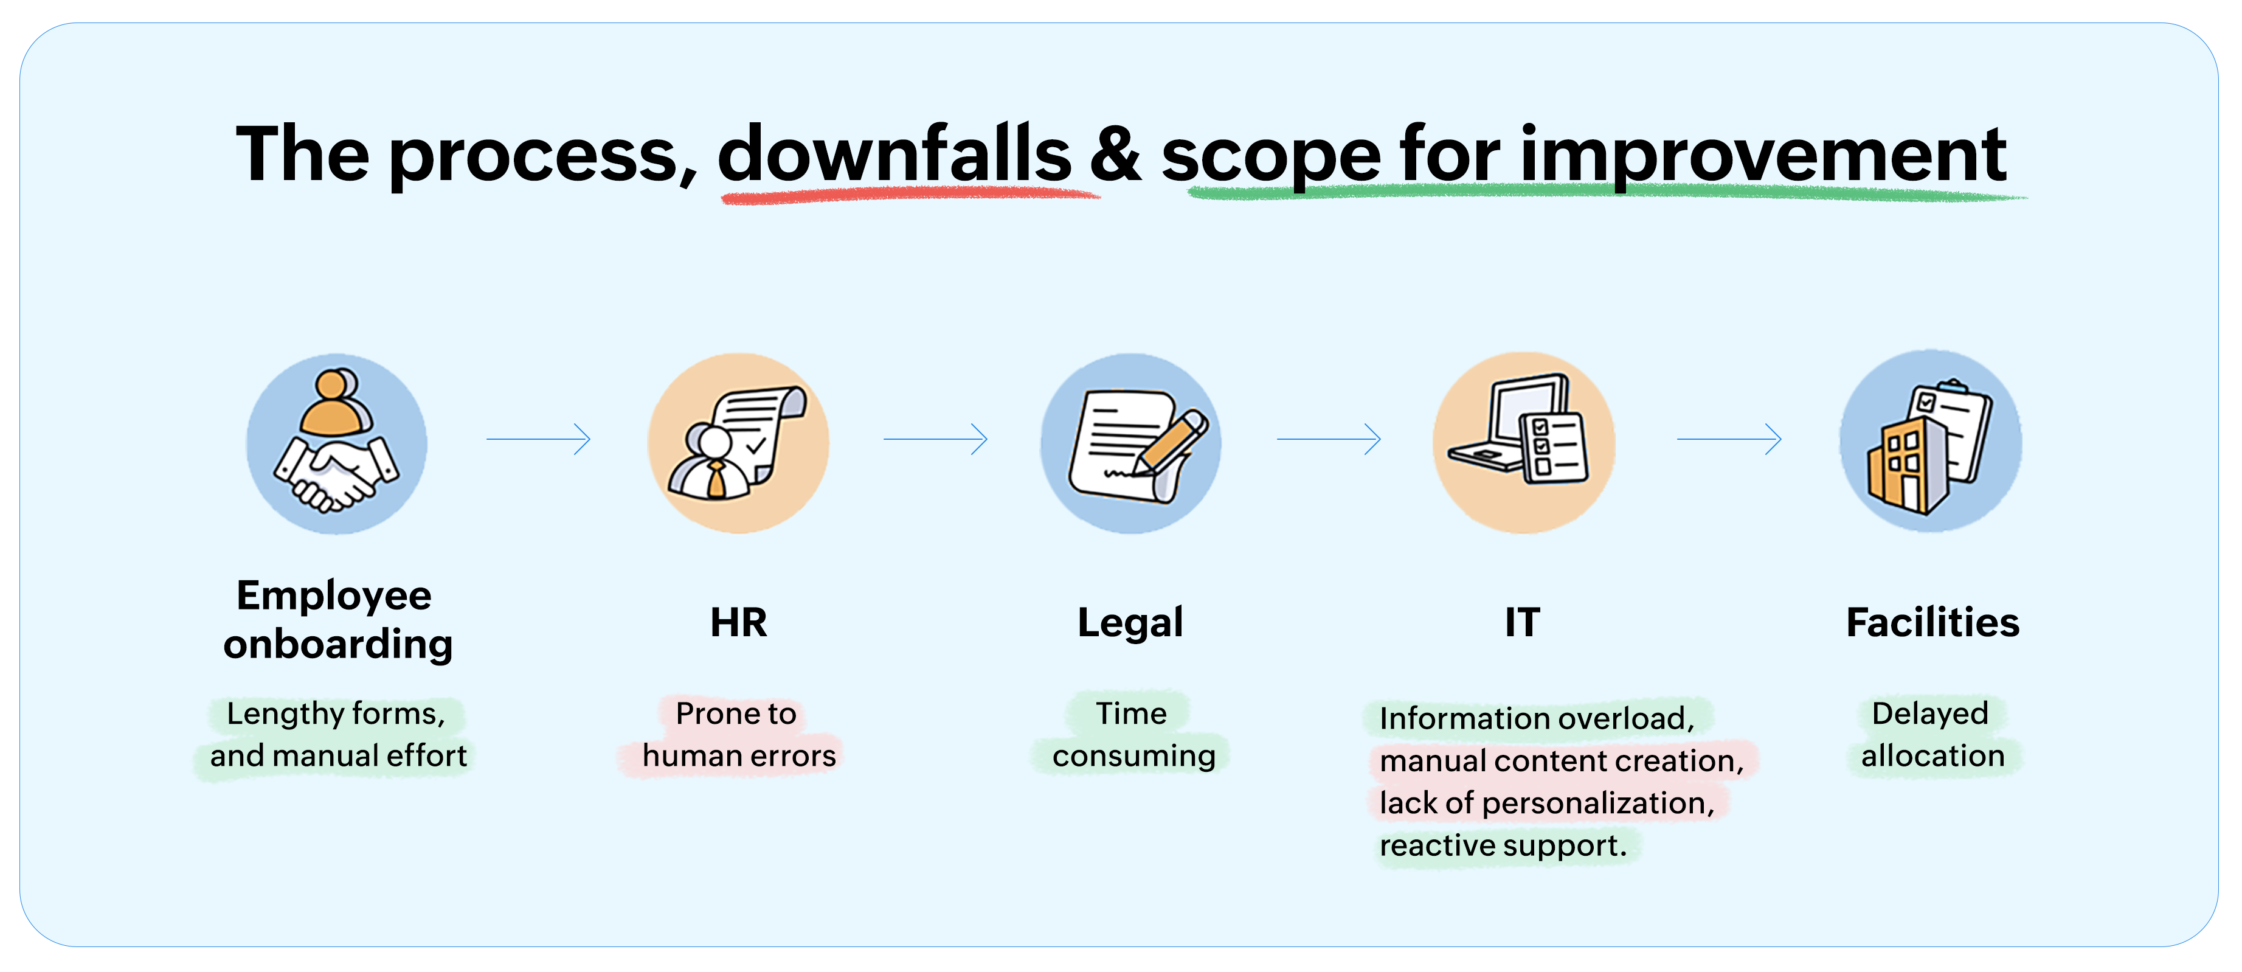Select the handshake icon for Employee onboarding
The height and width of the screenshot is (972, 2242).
pos(337,443)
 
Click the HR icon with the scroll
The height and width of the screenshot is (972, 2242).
pos(738,443)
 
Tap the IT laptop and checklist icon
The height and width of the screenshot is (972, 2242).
pos(1523,443)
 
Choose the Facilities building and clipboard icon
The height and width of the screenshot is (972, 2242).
pos(1931,442)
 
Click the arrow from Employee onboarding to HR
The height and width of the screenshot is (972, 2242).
pos(539,439)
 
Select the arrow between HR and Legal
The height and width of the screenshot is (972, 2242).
pos(936,439)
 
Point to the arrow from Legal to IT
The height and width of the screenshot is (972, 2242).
pos(1329,439)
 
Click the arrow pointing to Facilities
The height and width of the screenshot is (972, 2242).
pos(1729,439)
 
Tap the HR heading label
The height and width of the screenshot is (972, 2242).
pos(738,623)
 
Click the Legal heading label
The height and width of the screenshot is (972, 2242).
pos(1130,623)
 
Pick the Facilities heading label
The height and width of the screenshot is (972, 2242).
pos(1932,623)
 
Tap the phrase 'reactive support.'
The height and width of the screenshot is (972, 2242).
pos(1503,845)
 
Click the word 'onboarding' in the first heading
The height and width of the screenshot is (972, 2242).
pos(337,645)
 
